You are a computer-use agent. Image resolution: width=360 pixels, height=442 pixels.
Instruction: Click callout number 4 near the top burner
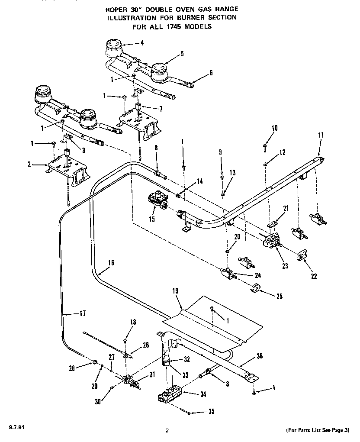pos(142,42)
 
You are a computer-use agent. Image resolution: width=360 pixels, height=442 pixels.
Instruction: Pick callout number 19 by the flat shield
pos(175,292)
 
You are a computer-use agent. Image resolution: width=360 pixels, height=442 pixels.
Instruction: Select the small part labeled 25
pos(255,288)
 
